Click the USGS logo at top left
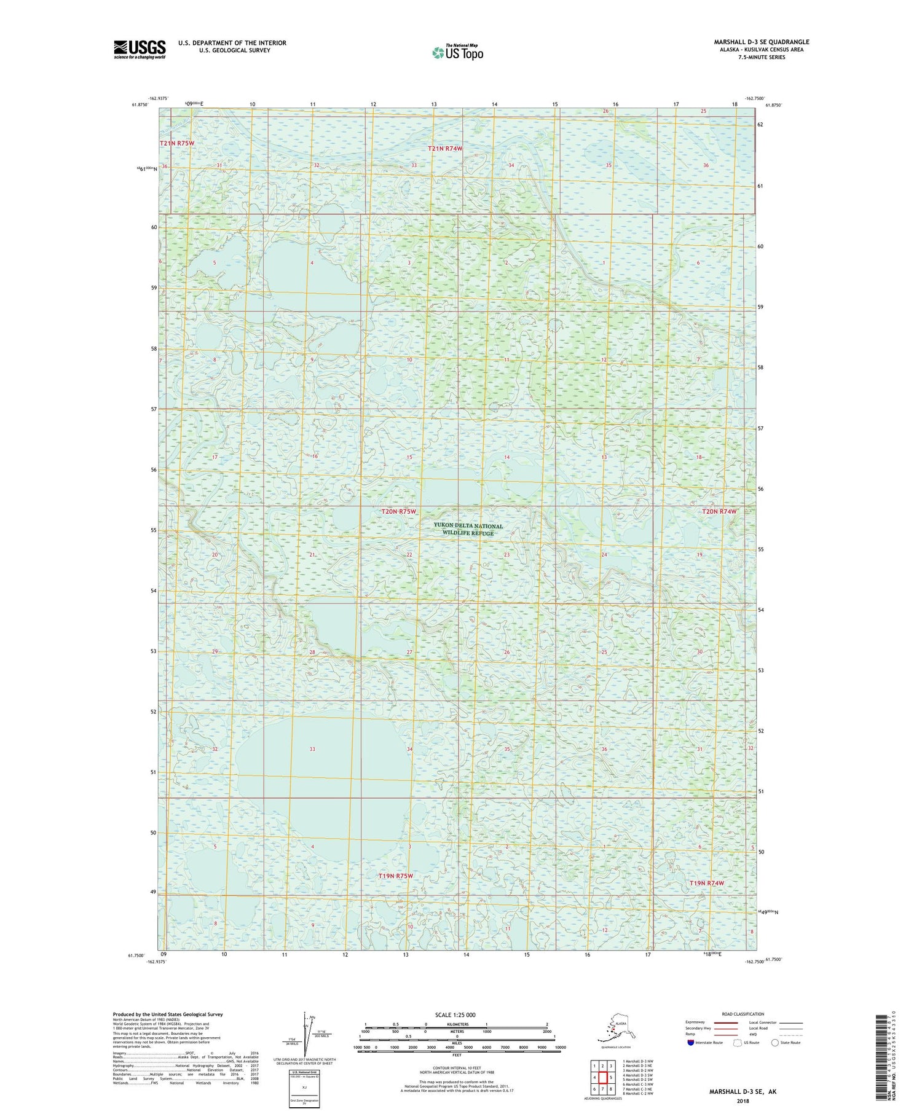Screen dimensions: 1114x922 (140, 49)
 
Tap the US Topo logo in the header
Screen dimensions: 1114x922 (457, 53)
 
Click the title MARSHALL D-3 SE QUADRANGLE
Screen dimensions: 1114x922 (761, 42)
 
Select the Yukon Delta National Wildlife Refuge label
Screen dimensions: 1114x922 (468, 529)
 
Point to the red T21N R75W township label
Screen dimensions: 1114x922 (177, 143)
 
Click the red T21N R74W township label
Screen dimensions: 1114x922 (445, 149)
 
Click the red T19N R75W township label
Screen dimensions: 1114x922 (395, 876)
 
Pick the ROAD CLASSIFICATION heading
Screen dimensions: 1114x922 (743, 1014)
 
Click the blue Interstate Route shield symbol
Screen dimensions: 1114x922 (691, 1043)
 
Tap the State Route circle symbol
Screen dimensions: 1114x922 (775, 1043)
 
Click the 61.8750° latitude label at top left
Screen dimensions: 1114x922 (140, 105)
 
